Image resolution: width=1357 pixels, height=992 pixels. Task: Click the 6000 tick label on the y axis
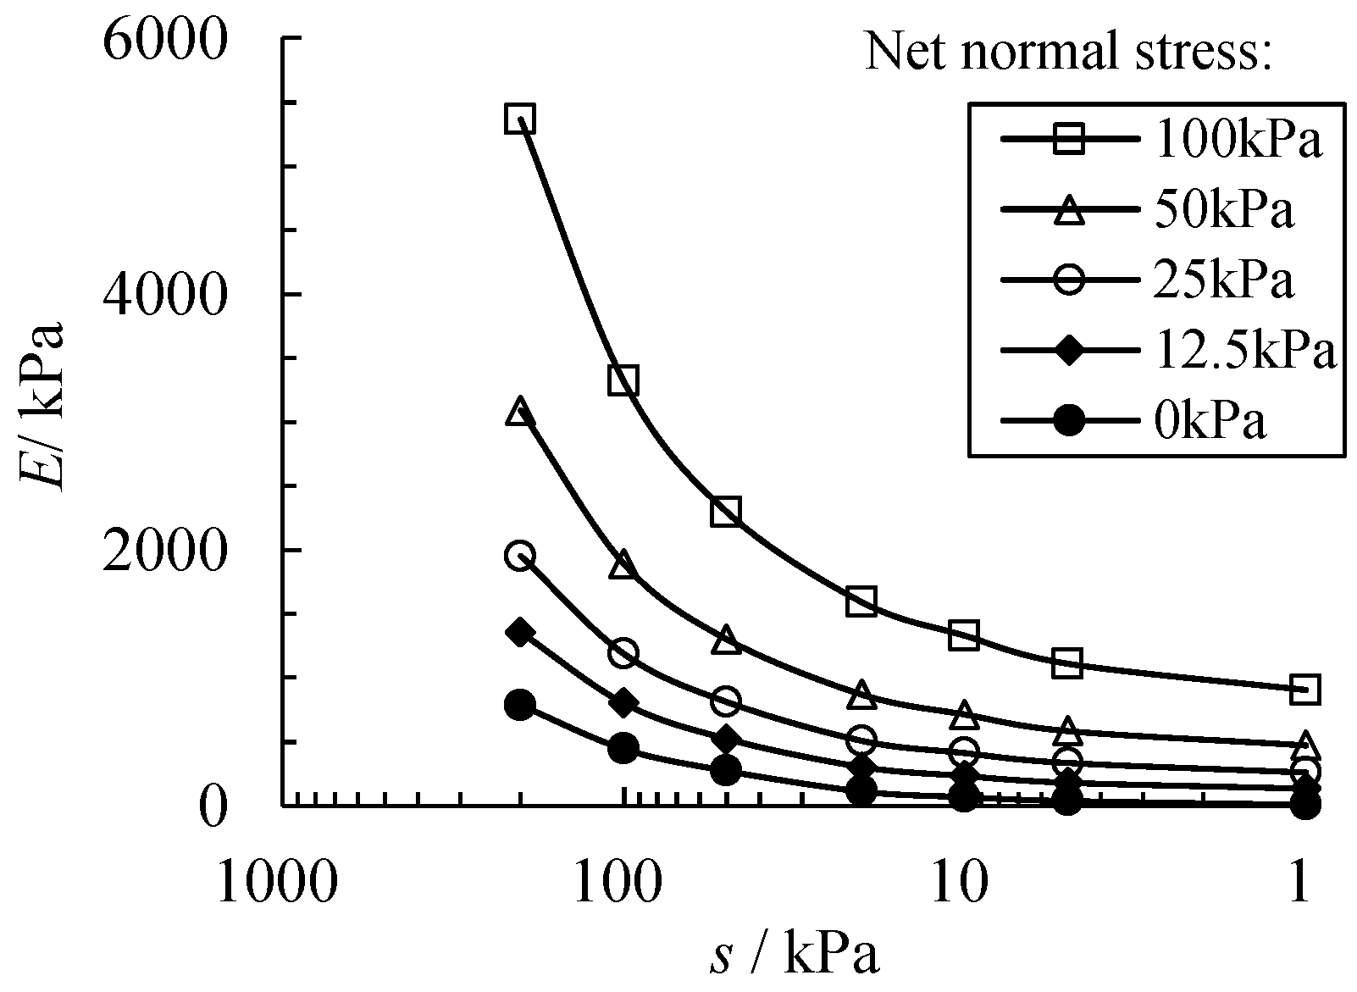165,38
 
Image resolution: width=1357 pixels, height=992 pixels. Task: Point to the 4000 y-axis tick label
165,294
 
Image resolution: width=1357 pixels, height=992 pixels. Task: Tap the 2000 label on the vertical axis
165,550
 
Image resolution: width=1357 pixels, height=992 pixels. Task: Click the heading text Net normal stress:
1069,53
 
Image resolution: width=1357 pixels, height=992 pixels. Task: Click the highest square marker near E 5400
519,119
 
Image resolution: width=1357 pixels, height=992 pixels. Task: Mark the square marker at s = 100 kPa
623,380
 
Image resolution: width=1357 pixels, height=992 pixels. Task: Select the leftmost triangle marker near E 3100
519,413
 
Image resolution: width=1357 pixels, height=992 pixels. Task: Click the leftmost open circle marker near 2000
519,557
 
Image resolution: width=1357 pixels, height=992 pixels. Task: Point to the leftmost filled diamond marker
519,632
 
